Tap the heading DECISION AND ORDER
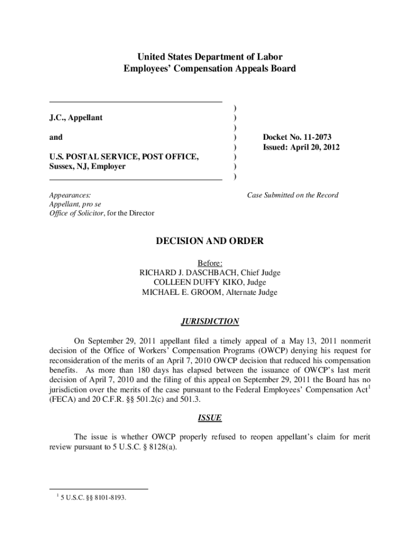tap(210, 241)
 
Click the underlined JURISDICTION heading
tap(210, 322)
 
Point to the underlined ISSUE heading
tap(210, 418)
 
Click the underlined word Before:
tap(210, 263)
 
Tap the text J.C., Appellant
tap(75, 118)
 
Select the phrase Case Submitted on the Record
tap(292, 195)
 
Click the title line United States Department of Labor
tap(210, 57)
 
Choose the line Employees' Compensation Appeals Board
tap(210, 69)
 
